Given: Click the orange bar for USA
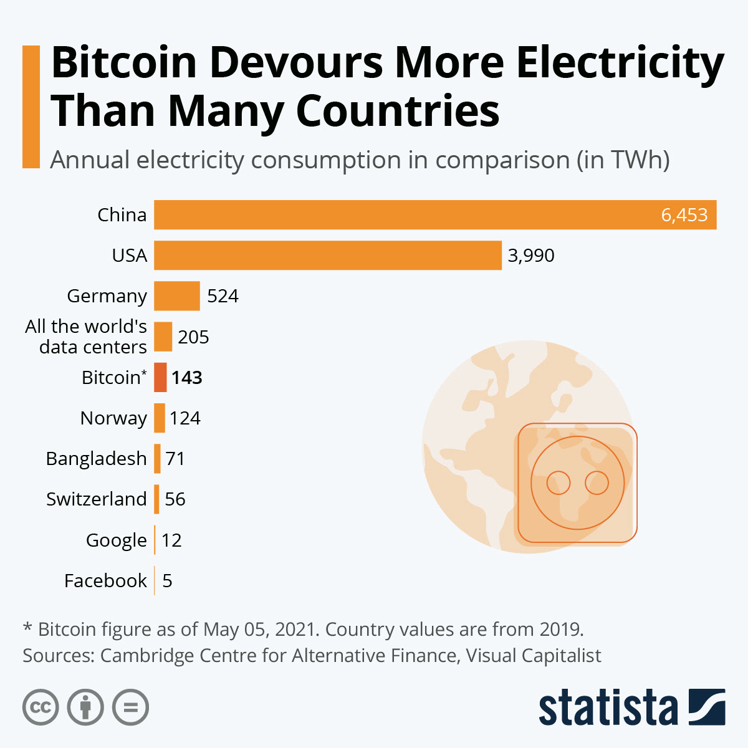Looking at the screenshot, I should pos(327,255).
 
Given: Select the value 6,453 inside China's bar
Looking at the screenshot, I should pos(684,215).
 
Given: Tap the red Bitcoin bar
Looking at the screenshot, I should pos(160,377).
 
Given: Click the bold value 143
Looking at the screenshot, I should pos(187,378).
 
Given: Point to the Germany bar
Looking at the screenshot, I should pos(176,295).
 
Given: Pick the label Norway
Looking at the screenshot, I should pos(113,418).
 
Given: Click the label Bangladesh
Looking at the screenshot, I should pos(96,459).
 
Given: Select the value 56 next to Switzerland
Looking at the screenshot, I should pos(175,499).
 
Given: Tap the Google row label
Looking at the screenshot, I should pos(116,540).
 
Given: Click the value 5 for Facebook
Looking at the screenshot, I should pos(167,581).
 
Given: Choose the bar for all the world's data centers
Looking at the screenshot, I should pos(163,337).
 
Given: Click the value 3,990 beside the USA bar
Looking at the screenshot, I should pos(530,256).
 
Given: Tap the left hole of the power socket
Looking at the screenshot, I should pos(559,482).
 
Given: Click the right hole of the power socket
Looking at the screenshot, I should pos(597,482).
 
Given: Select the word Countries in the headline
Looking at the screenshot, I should pos(397,111).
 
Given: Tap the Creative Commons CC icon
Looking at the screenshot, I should pos(41,707).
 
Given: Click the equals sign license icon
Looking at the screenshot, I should pos(130,707).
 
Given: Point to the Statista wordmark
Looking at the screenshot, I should pos(608,707).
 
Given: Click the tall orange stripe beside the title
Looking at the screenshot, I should pos(31,107).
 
